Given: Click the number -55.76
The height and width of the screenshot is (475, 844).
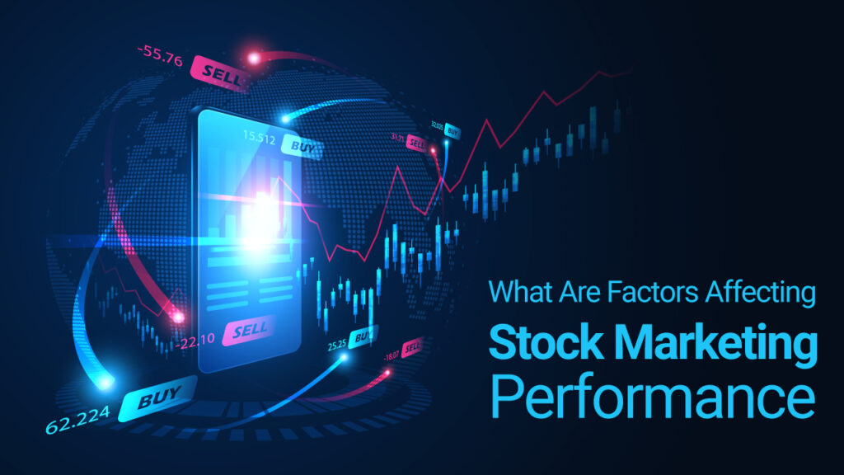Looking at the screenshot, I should tap(160, 58).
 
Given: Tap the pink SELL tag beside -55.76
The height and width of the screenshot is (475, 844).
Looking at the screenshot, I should tap(216, 72).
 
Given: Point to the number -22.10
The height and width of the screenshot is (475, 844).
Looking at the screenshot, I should tap(195, 338).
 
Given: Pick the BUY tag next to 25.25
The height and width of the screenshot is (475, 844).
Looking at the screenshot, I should tap(361, 336).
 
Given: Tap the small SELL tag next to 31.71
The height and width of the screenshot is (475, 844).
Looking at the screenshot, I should tap(418, 143).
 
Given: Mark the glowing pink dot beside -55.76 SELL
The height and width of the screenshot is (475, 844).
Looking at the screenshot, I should tap(254, 58).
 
